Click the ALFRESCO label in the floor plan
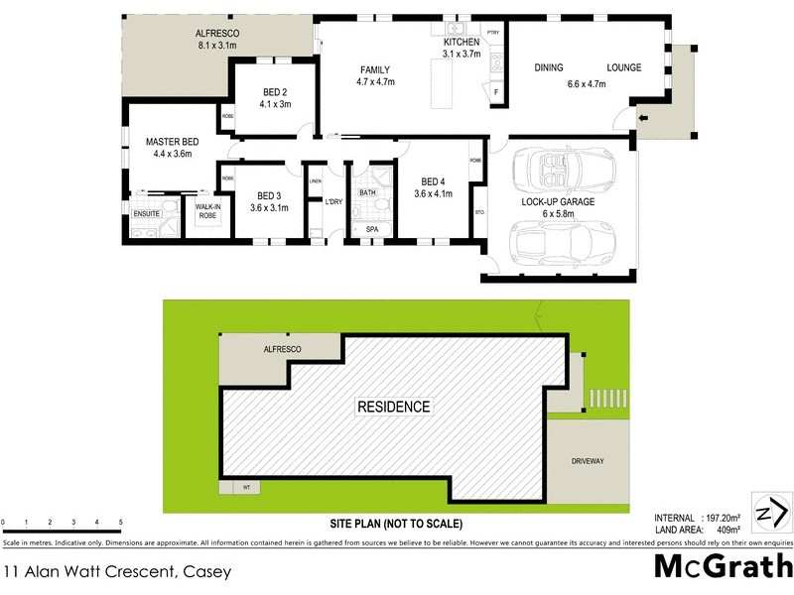[218, 34]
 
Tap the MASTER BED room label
[167, 142]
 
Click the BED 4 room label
[434, 181]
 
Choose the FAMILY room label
[374, 69]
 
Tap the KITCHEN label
[462, 43]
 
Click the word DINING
[549, 67]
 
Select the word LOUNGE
[624, 67]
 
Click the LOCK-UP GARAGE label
[558, 201]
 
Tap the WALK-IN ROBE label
[207, 210]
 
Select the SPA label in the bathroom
[372, 229]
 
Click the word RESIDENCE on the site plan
[394, 407]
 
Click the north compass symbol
[771, 513]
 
